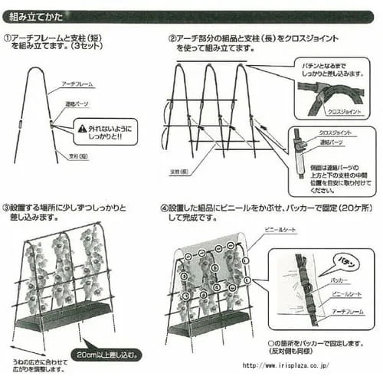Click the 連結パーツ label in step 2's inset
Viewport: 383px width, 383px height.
[330, 142]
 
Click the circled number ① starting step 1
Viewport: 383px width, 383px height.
[7, 38]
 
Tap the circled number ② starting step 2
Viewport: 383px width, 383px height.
[173, 38]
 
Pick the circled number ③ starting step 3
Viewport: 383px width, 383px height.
[7, 208]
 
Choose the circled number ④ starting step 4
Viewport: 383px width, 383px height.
[165, 208]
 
